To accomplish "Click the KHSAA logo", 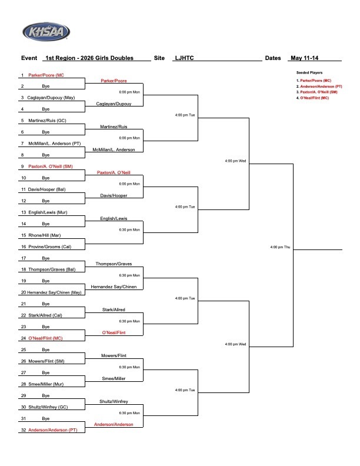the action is tap(46, 32).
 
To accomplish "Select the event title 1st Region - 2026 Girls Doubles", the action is tap(89, 58).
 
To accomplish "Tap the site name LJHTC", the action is tap(184, 58).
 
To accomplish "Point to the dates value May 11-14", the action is tap(305, 58).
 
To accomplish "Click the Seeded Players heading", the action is tap(309, 72).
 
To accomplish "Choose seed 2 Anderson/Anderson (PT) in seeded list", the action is tap(319, 86).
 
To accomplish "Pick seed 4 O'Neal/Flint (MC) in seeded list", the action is tap(312, 98).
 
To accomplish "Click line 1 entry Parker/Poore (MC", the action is tap(46, 75).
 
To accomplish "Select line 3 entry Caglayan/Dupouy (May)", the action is tap(51, 98).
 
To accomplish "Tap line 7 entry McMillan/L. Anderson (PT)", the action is tap(54, 144).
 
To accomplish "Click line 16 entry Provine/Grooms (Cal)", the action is tap(49, 247).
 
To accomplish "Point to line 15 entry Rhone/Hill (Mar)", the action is tap(45, 235).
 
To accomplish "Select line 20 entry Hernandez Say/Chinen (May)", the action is tap(54, 292).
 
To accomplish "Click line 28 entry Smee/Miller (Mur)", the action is tap(46, 384).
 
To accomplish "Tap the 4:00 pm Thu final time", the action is tap(280, 247).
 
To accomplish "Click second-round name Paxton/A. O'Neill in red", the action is tap(114, 172).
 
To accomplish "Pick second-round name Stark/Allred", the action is tap(114, 309).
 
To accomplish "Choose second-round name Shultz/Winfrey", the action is tap(114, 401).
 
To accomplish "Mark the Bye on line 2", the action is tap(46, 86).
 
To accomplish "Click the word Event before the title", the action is tap(29, 58).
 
